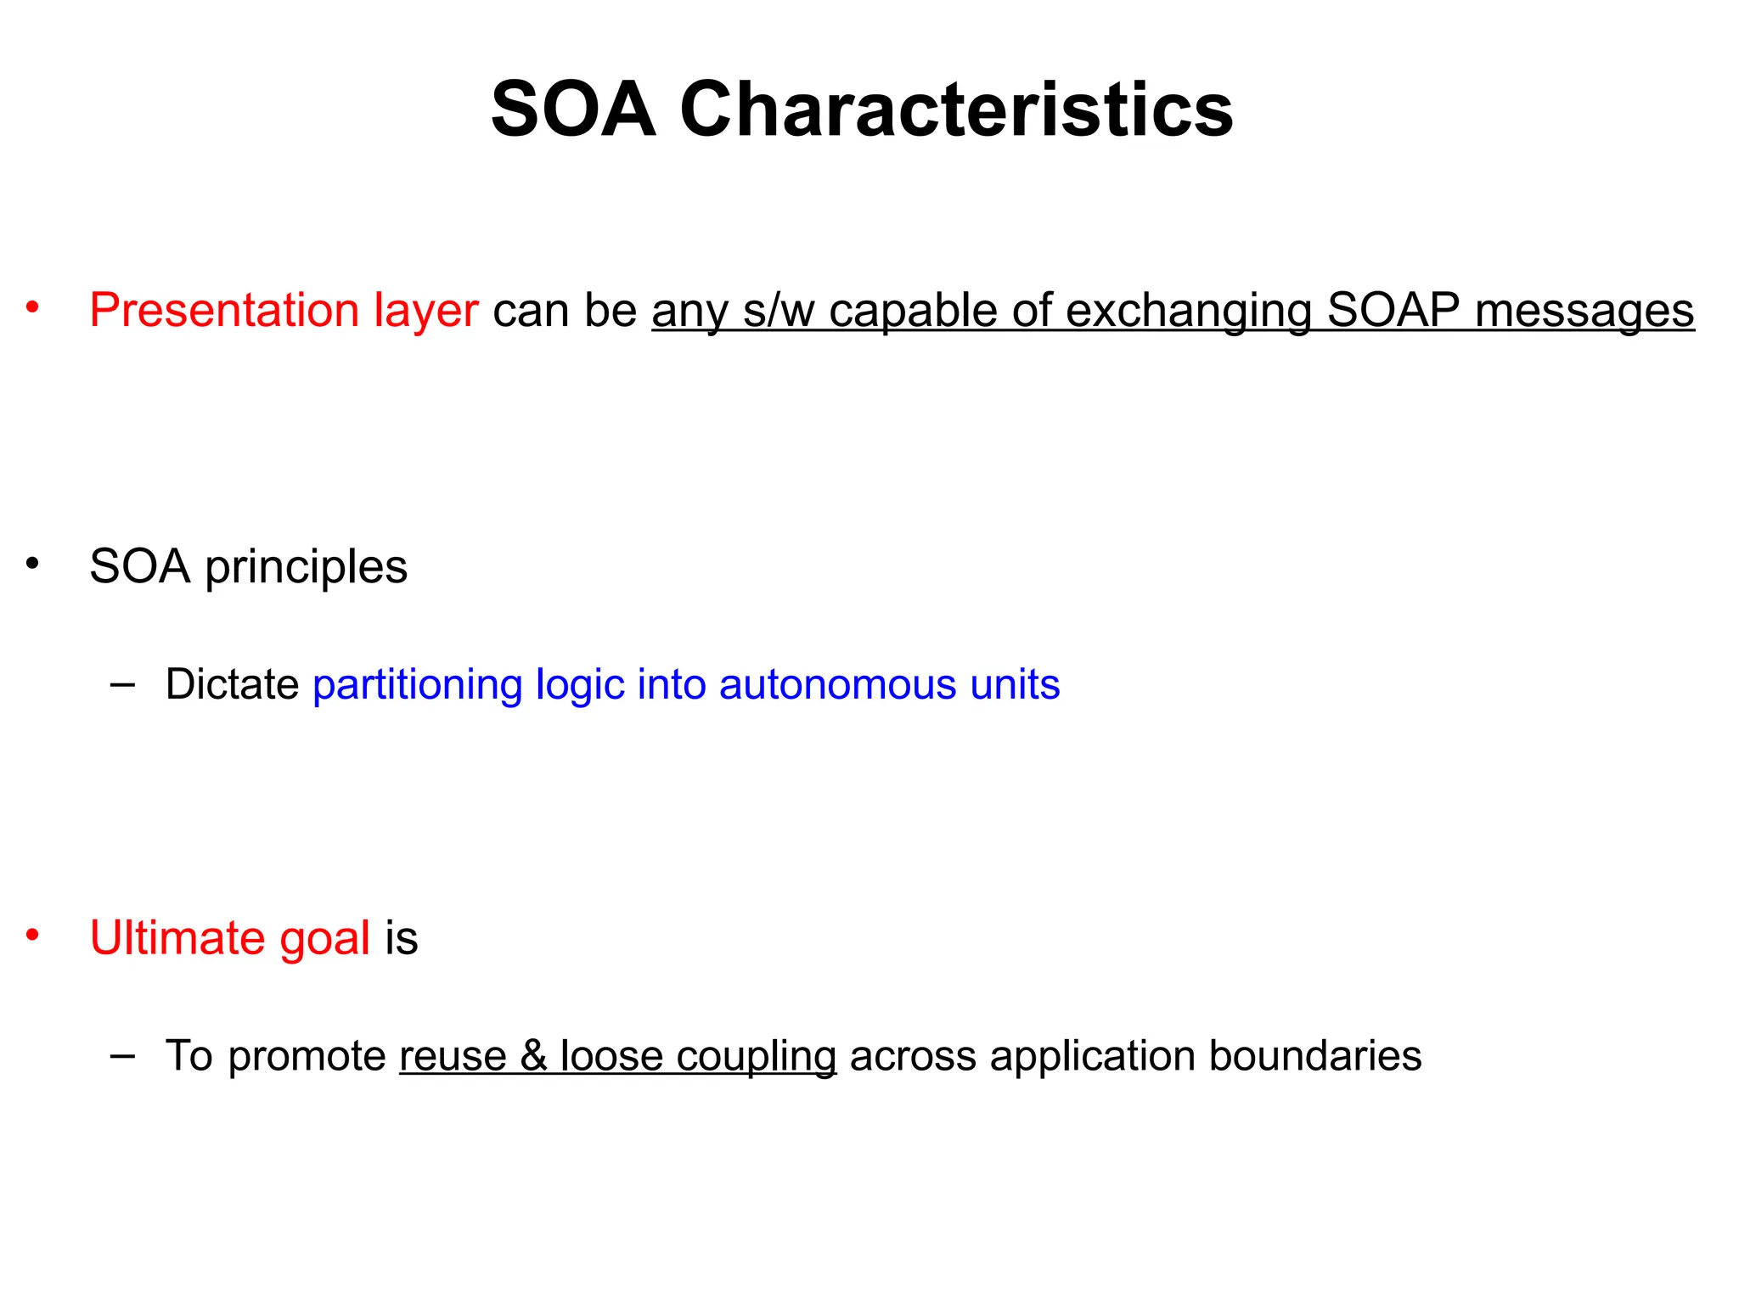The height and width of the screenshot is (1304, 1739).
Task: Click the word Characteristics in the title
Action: click(956, 110)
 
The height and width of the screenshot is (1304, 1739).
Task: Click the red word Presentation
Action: click(223, 311)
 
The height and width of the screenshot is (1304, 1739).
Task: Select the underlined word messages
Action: click(1584, 311)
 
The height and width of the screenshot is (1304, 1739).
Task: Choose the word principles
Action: click(306, 568)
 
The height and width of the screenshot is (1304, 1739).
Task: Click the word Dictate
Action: click(232, 684)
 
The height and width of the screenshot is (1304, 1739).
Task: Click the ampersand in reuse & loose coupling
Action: click(533, 1056)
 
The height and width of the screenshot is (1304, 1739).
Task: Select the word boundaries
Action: click(1314, 1056)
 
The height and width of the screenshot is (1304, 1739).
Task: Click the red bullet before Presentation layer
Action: click(32, 307)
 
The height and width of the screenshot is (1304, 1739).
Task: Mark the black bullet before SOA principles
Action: click(32, 563)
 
